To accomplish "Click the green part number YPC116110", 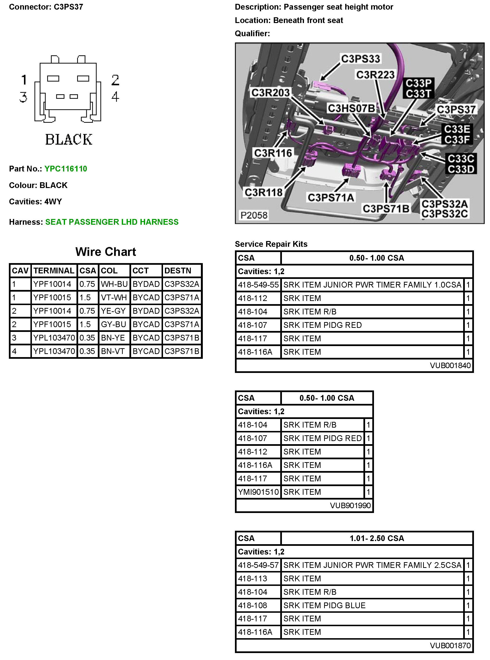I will click(65, 169).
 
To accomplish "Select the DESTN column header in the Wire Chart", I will click(178, 271).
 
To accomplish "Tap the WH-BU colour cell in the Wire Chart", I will click(114, 284).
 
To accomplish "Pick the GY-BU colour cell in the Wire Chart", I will click(114, 324).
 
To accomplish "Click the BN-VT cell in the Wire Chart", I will click(112, 351).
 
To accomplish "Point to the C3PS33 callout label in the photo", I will click(360, 59).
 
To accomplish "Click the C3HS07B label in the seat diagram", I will click(351, 109).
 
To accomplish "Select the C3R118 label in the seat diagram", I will click(263, 192).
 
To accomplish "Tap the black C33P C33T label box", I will click(418, 88).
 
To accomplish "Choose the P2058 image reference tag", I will click(254, 215).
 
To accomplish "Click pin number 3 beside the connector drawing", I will click(23, 97).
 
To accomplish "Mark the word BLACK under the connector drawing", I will click(69, 140).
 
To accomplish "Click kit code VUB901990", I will click(350, 505).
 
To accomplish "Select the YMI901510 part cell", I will click(258, 492).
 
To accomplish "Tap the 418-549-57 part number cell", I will click(258, 565).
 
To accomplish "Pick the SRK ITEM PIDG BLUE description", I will click(324, 605).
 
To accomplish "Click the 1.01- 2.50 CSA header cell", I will click(377, 538).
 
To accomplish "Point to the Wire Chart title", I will click(105, 252).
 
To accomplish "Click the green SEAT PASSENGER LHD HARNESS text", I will click(112, 222).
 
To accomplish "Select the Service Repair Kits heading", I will click(271, 244).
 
